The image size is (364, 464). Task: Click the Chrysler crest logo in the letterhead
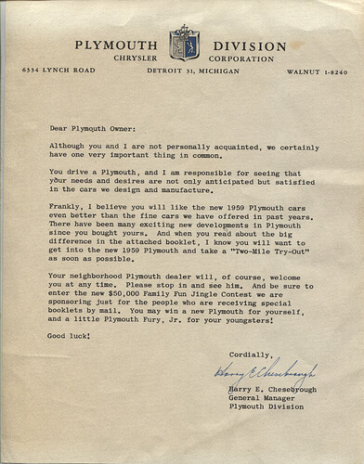(x=181, y=44)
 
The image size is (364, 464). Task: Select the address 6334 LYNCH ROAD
(x=63, y=71)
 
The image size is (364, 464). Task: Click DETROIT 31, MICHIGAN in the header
(x=181, y=71)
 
